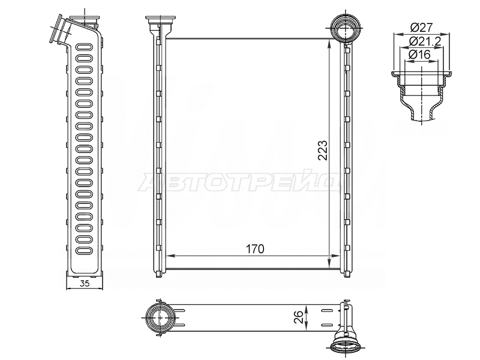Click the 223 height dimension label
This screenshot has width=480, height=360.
click(x=322, y=151)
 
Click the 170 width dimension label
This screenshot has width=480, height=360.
click(x=255, y=249)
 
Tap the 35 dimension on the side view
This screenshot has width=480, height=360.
click(x=84, y=283)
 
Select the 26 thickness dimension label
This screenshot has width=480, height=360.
click(x=299, y=317)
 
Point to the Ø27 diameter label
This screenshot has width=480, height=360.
click(x=421, y=28)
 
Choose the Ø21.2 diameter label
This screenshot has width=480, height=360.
click(x=425, y=41)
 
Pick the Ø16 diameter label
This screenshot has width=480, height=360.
click(x=419, y=55)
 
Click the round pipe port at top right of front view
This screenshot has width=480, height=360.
click(x=346, y=28)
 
